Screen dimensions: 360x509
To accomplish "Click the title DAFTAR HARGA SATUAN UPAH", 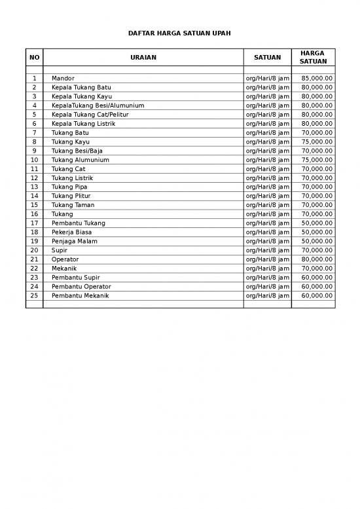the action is [179, 33].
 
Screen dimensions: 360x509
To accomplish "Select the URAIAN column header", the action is [143, 58].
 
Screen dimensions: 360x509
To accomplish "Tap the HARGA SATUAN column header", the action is [312, 57].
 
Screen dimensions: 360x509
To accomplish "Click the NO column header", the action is [34, 58].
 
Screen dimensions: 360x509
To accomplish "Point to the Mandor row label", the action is [63, 79].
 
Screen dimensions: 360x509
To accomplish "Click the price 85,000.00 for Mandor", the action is [317, 79].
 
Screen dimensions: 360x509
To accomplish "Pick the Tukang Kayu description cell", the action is [71, 141].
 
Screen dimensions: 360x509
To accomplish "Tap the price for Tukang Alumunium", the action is [317, 160].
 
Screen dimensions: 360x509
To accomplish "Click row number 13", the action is [34, 187].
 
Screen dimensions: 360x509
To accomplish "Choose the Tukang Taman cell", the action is [73, 205].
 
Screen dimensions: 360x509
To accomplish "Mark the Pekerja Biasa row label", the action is [71, 232].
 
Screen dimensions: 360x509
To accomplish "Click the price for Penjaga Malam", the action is [317, 241].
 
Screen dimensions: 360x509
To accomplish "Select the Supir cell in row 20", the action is [60, 250].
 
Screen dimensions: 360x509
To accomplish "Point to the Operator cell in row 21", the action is [65, 259].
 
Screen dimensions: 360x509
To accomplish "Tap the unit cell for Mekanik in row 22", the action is [267, 269].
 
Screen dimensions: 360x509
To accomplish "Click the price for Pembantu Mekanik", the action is [317, 295].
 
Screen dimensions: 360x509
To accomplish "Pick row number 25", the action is [34, 295].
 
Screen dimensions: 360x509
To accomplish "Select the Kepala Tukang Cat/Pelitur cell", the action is [90, 115].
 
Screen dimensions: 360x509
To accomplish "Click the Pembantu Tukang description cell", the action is [78, 223].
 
